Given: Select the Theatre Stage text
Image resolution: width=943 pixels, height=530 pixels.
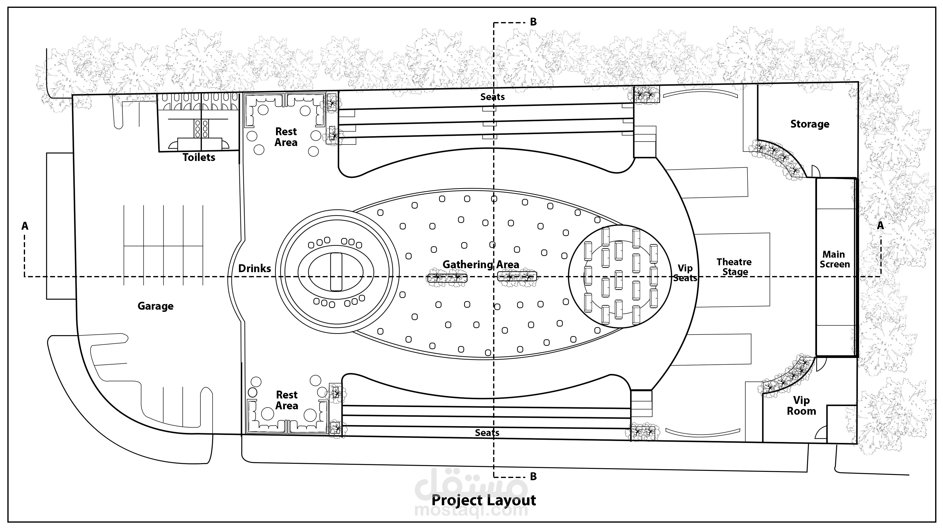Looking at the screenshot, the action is pos(734,267).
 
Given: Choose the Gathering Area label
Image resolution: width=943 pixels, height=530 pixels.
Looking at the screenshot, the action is pos(481,265).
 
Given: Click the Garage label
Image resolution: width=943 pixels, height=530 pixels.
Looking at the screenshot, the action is pos(156,306).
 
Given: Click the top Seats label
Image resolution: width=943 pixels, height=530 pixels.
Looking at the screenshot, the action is pos(492,97).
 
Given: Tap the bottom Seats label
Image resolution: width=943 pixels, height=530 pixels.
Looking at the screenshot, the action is pos(487,433).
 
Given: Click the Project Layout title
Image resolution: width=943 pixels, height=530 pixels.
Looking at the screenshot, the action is pos(484,500).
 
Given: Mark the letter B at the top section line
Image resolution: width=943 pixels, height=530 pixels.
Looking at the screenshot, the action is pos(533,22).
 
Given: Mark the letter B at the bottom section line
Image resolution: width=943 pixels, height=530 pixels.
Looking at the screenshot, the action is pos(533,477).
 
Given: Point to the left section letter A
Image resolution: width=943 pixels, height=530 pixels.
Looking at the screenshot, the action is pos(25,226).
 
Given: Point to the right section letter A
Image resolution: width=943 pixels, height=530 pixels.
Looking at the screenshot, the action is pos(880,226).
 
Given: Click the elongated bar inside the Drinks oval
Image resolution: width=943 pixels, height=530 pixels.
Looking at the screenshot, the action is pos(336,272).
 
